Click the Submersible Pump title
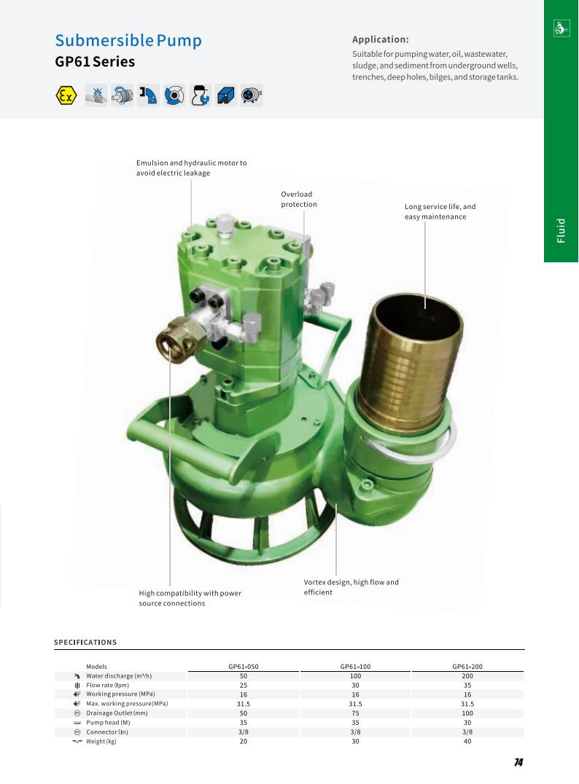coord(128,41)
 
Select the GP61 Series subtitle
coord(95,61)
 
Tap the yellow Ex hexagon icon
coord(66,95)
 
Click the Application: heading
coord(381,39)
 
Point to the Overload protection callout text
coord(299,199)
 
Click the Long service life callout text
coord(440,211)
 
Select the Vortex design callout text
coord(351,587)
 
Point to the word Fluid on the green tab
coord(561,230)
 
